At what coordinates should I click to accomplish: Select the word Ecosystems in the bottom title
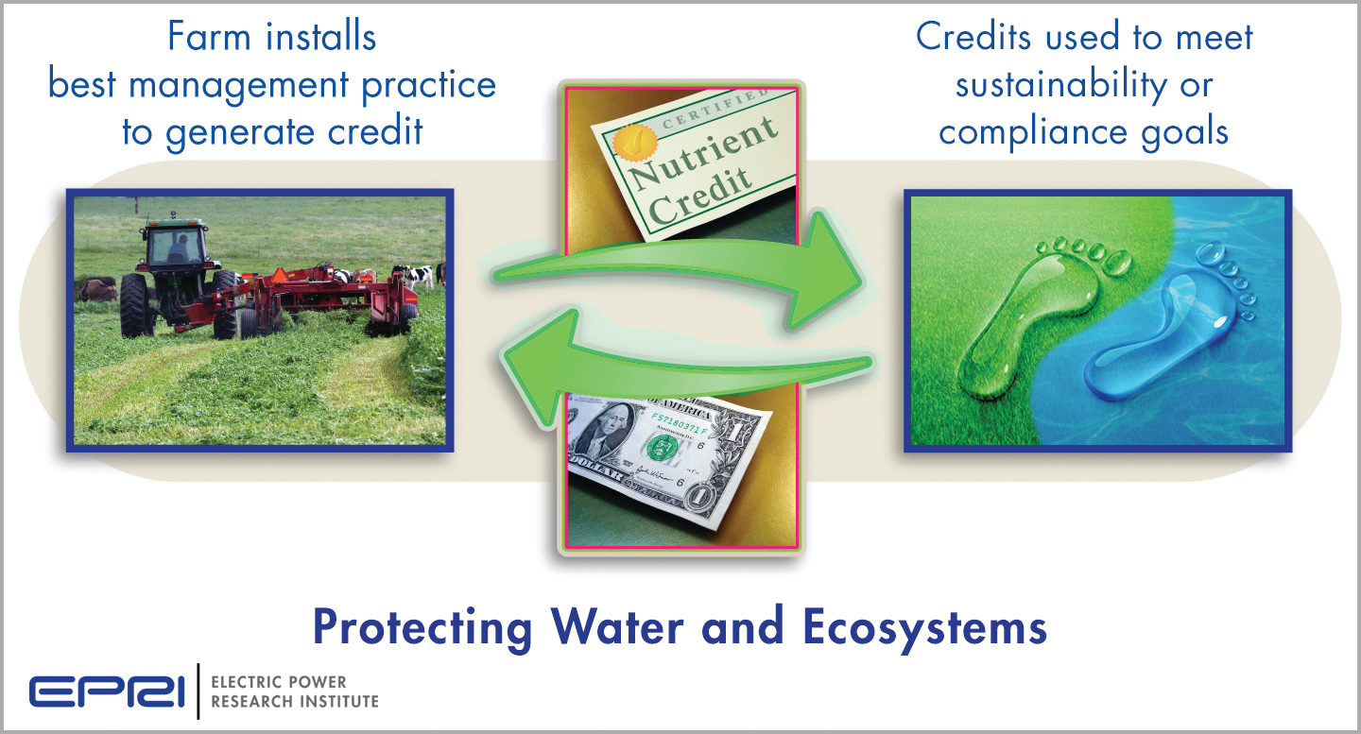[x=924, y=627]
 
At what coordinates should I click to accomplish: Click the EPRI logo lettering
[x=106, y=691]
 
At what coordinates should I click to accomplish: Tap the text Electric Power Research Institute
[x=294, y=691]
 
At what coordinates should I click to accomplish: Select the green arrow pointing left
[x=680, y=369]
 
